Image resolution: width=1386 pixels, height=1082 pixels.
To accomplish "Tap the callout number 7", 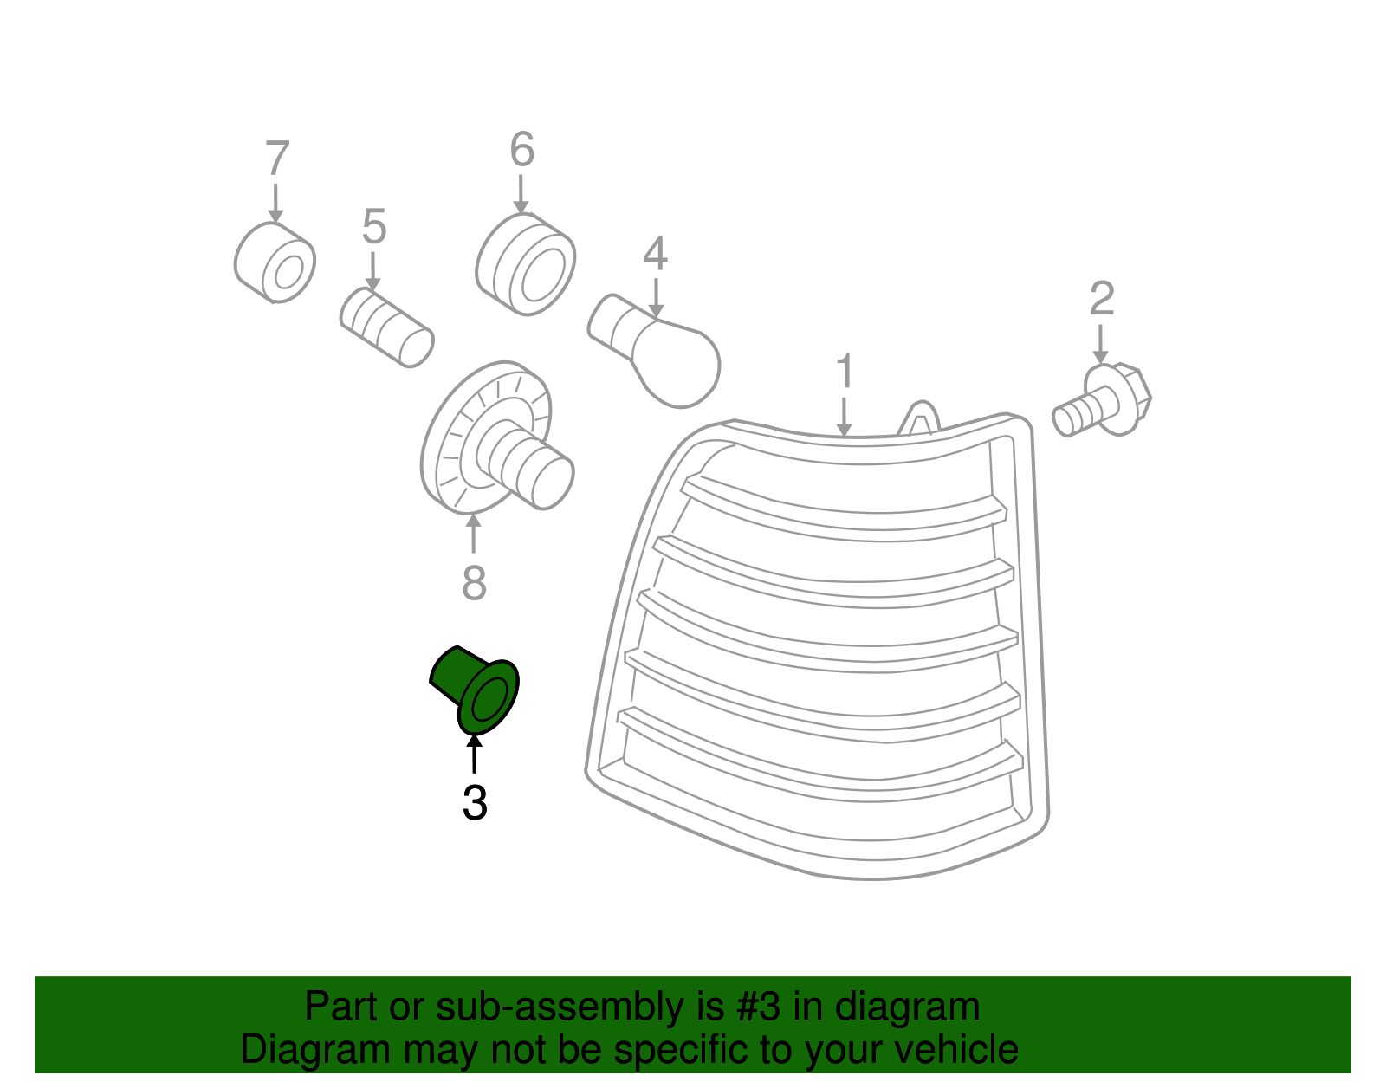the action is coord(277,158).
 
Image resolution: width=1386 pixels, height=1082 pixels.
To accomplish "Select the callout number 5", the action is coord(373,226).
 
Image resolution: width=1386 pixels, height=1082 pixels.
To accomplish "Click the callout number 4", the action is coord(655,253).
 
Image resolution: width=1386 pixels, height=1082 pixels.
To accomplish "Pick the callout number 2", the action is coord(1102,298).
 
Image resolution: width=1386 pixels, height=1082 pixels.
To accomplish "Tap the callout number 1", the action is coord(845,371).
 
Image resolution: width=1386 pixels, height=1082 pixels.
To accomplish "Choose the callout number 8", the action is coord(474,582).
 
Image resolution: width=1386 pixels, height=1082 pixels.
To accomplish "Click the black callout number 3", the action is coord(476,803).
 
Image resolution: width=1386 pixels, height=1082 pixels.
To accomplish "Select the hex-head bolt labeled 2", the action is coord(1102,401).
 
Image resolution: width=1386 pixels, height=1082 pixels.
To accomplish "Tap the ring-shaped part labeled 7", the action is coord(275,262).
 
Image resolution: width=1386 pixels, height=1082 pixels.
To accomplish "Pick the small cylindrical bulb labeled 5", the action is coord(387,327).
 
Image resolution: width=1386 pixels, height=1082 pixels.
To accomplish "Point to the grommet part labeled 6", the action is coord(526,264).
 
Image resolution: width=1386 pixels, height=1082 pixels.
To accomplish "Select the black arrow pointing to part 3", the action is coord(474,755).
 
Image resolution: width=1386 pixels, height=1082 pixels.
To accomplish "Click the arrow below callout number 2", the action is coord(1100,344).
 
